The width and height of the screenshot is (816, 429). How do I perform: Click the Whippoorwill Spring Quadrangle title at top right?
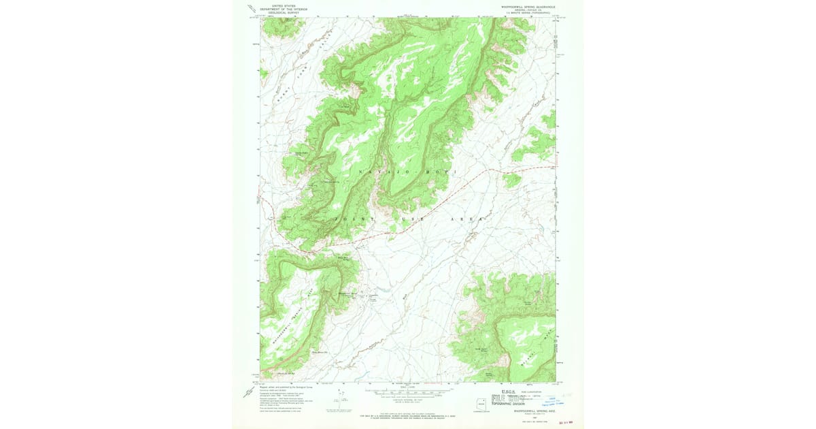pyautogui.click(x=524, y=7)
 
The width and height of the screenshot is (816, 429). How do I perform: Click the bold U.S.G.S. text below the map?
pyautogui.click(x=508, y=392)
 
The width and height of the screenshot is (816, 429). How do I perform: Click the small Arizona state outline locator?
pyautogui.click(x=483, y=401)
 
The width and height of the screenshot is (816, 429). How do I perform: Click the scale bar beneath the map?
pyautogui.click(x=408, y=392)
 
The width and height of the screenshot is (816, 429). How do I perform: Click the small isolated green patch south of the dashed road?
pyautogui.click(x=512, y=180)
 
